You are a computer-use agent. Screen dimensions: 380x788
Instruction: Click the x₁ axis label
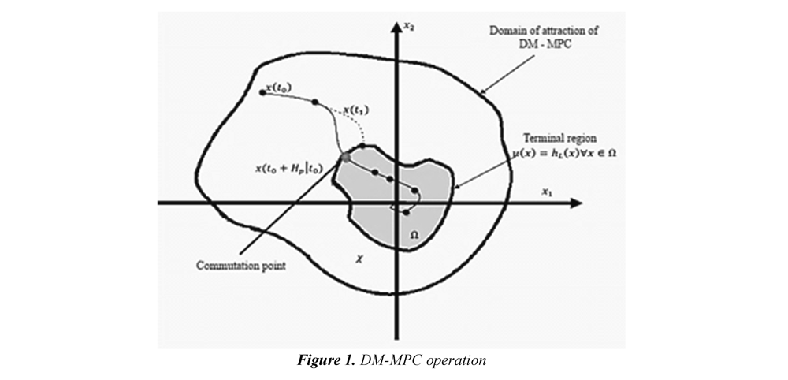(545, 192)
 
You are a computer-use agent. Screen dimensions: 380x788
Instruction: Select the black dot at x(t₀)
(262, 92)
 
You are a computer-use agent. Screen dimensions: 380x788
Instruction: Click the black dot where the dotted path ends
(362, 146)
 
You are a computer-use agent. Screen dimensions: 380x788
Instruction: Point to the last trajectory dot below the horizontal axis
(406, 212)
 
